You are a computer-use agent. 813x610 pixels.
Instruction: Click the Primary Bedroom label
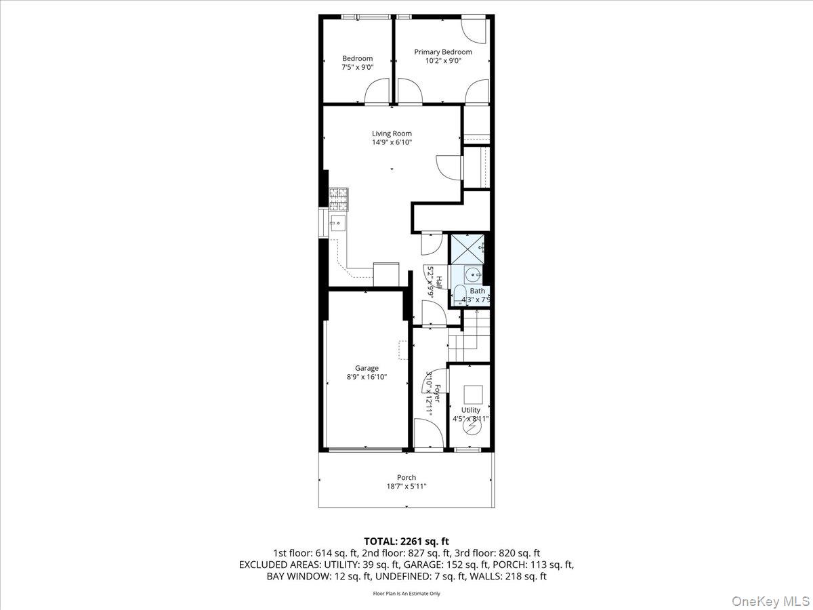443,52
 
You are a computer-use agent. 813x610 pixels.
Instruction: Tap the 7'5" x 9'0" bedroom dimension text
357,68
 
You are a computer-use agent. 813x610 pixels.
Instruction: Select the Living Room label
392,134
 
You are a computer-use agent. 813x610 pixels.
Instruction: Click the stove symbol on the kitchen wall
337,197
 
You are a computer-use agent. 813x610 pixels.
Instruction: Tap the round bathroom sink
474,274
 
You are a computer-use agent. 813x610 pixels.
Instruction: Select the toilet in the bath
459,295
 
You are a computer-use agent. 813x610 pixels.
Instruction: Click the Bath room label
478,291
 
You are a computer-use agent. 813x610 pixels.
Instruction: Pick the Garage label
367,368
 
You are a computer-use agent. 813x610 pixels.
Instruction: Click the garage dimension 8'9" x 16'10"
367,378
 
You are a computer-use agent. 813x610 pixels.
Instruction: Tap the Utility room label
470,410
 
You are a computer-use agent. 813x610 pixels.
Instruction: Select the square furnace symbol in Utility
472,394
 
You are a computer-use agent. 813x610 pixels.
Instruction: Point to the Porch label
406,477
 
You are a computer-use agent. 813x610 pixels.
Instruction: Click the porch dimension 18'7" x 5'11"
406,487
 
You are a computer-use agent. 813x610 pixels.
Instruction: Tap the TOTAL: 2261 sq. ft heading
406,541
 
